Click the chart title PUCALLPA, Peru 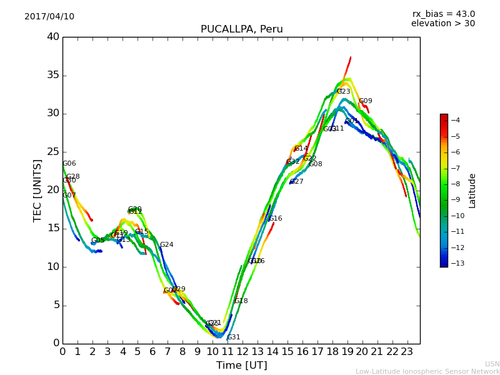tap(241, 29)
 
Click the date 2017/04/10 tap(49, 16)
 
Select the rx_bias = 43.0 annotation tap(443, 14)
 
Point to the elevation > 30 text tap(442, 24)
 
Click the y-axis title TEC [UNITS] tap(37, 190)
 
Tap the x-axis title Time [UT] tap(241, 366)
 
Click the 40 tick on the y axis tap(52, 37)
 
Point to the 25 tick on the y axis tap(52, 152)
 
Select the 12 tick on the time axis tap(242, 352)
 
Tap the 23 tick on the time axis tap(407, 352)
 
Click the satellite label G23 tap(344, 91)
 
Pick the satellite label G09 tap(365, 101)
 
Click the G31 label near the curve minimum tap(233, 337)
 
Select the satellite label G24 tap(166, 245)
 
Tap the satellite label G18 tap(241, 301)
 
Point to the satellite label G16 tap(276, 219)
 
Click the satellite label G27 tap(296, 182)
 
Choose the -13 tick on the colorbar tap(454, 263)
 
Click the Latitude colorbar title tap(472, 190)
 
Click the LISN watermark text tap(492, 364)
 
